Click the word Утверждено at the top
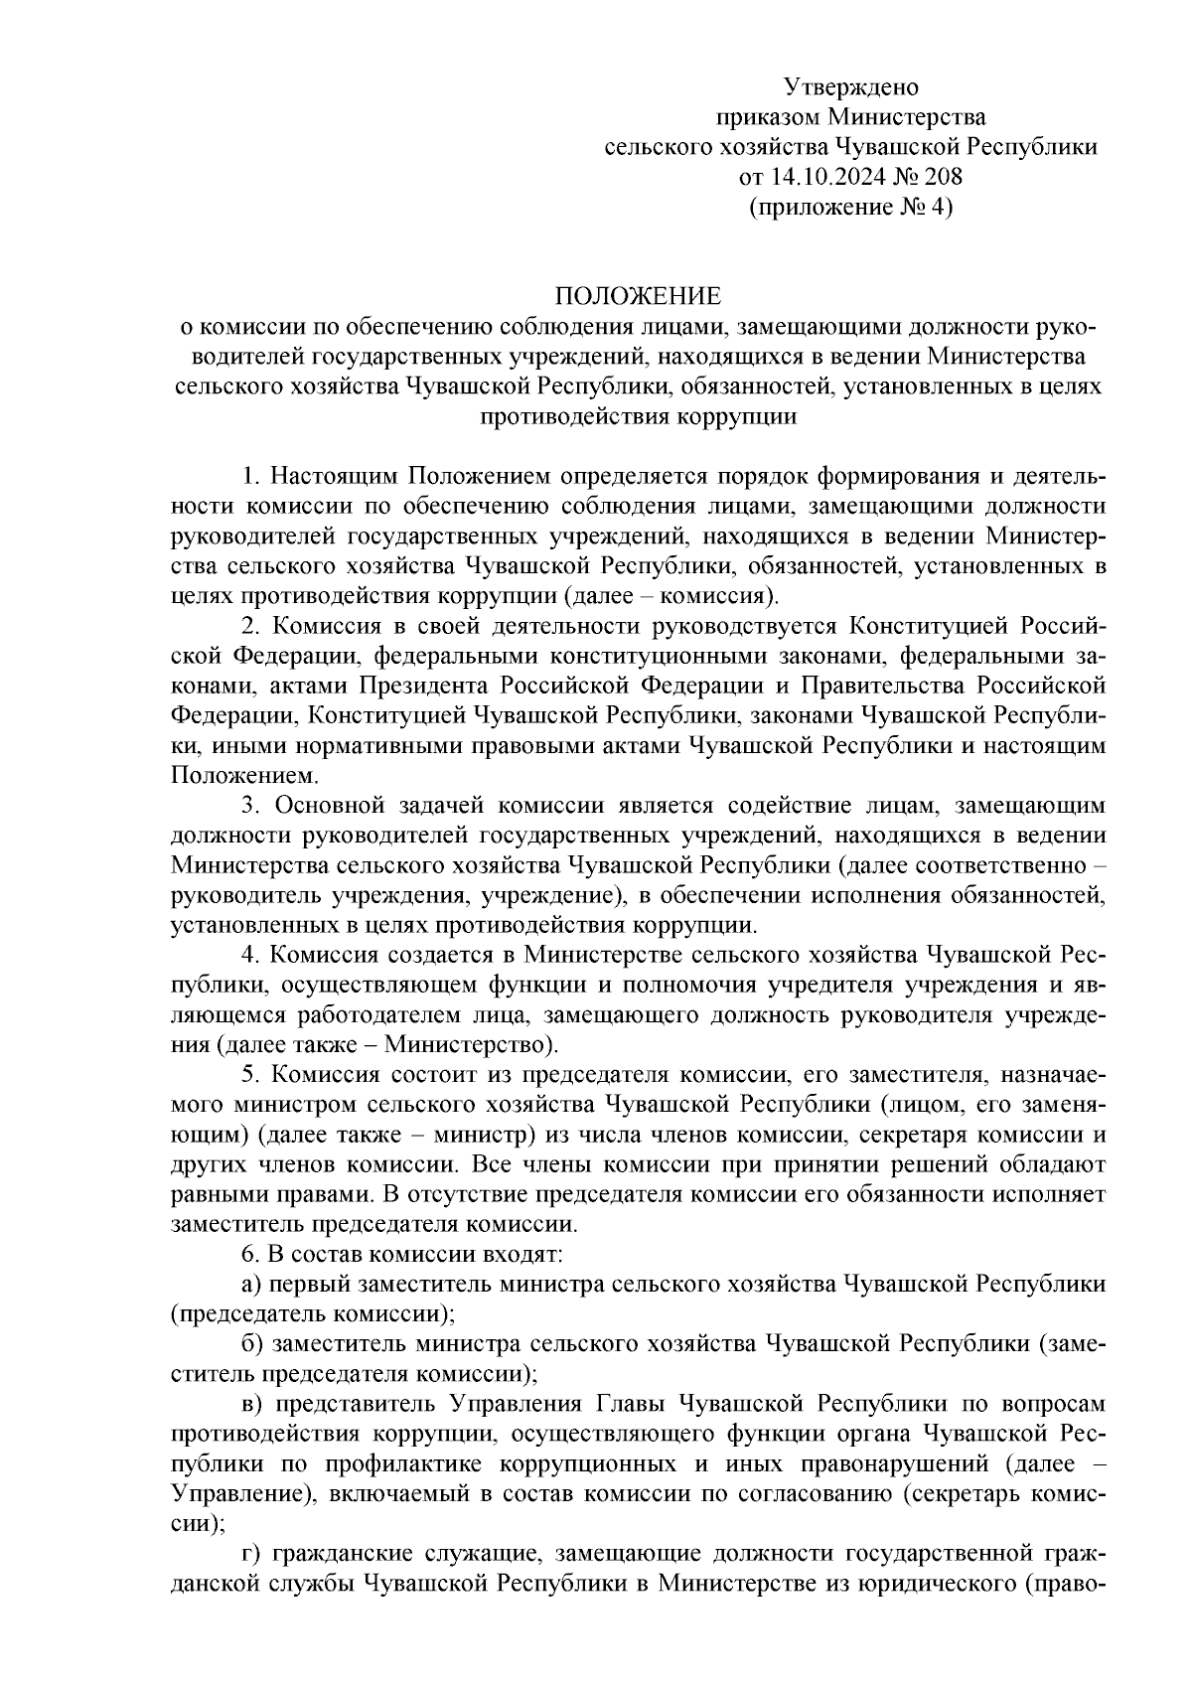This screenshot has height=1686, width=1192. click(x=851, y=86)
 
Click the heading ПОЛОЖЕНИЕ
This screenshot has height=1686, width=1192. click(x=637, y=296)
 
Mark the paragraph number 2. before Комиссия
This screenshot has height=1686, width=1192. click(x=250, y=626)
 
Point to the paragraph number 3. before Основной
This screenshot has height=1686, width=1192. click(x=250, y=806)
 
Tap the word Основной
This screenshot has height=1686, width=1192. click(x=325, y=806)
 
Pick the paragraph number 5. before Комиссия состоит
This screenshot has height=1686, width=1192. click(x=250, y=1075)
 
